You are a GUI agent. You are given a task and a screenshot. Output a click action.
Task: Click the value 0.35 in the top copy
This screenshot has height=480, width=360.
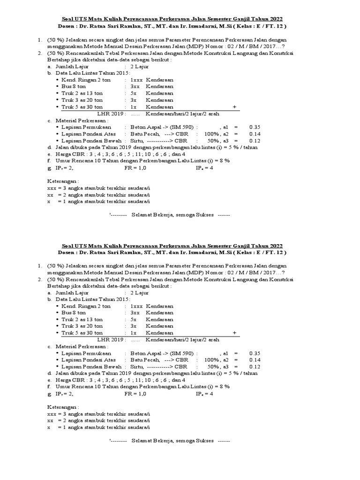pos(255,127)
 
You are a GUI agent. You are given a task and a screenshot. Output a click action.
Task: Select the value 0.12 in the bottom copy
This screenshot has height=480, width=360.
pos(255,367)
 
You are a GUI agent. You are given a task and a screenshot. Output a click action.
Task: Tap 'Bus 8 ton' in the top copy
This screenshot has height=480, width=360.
pos(74,87)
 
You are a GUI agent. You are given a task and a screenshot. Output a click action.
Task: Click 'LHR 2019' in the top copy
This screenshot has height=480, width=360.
pos(110,114)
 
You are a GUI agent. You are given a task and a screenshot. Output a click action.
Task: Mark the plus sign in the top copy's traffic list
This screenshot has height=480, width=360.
pos(234,107)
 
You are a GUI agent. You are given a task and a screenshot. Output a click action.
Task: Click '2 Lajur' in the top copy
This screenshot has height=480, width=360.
pos(140,67)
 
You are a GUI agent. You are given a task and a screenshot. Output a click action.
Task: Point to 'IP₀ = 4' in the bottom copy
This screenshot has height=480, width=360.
pos(204,394)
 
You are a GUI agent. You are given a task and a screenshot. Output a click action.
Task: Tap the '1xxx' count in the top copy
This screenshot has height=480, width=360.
pos(136,80)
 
